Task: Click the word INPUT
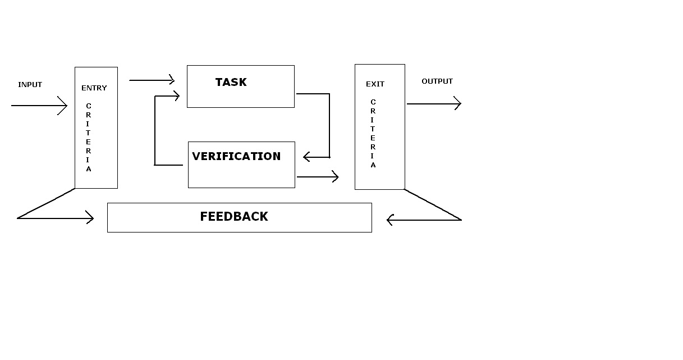point(30,85)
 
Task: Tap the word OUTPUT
point(437,81)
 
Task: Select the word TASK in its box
point(231,82)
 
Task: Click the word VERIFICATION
point(236,157)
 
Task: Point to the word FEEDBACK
point(234,217)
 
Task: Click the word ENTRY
point(94,88)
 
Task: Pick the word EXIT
point(375,84)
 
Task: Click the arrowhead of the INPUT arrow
point(63,106)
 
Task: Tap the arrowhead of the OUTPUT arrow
point(457,104)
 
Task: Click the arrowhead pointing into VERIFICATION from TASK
point(307,157)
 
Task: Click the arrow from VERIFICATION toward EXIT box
point(317,177)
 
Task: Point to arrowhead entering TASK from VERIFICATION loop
point(176,96)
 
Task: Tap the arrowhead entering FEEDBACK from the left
point(90,218)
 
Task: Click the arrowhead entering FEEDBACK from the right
point(391,220)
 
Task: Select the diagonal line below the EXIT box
point(433,204)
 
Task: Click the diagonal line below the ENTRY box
point(46,203)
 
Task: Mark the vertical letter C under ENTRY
point(89,106)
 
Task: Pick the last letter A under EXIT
point(373,166)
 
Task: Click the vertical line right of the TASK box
point(329,125)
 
